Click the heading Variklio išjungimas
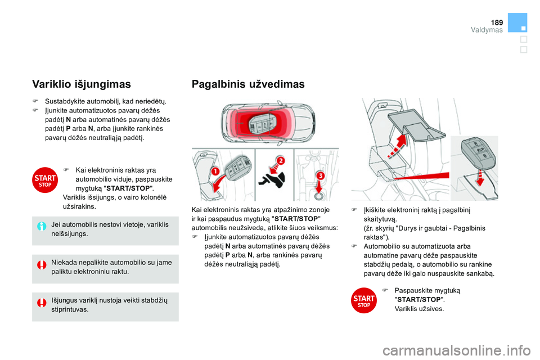coord(82,84)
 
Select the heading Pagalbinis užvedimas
coord(248,84)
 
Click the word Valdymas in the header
coord(487,30)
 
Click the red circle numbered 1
coord(215,171)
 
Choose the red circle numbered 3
coord(320,177)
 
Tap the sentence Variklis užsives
coord(419,309)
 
